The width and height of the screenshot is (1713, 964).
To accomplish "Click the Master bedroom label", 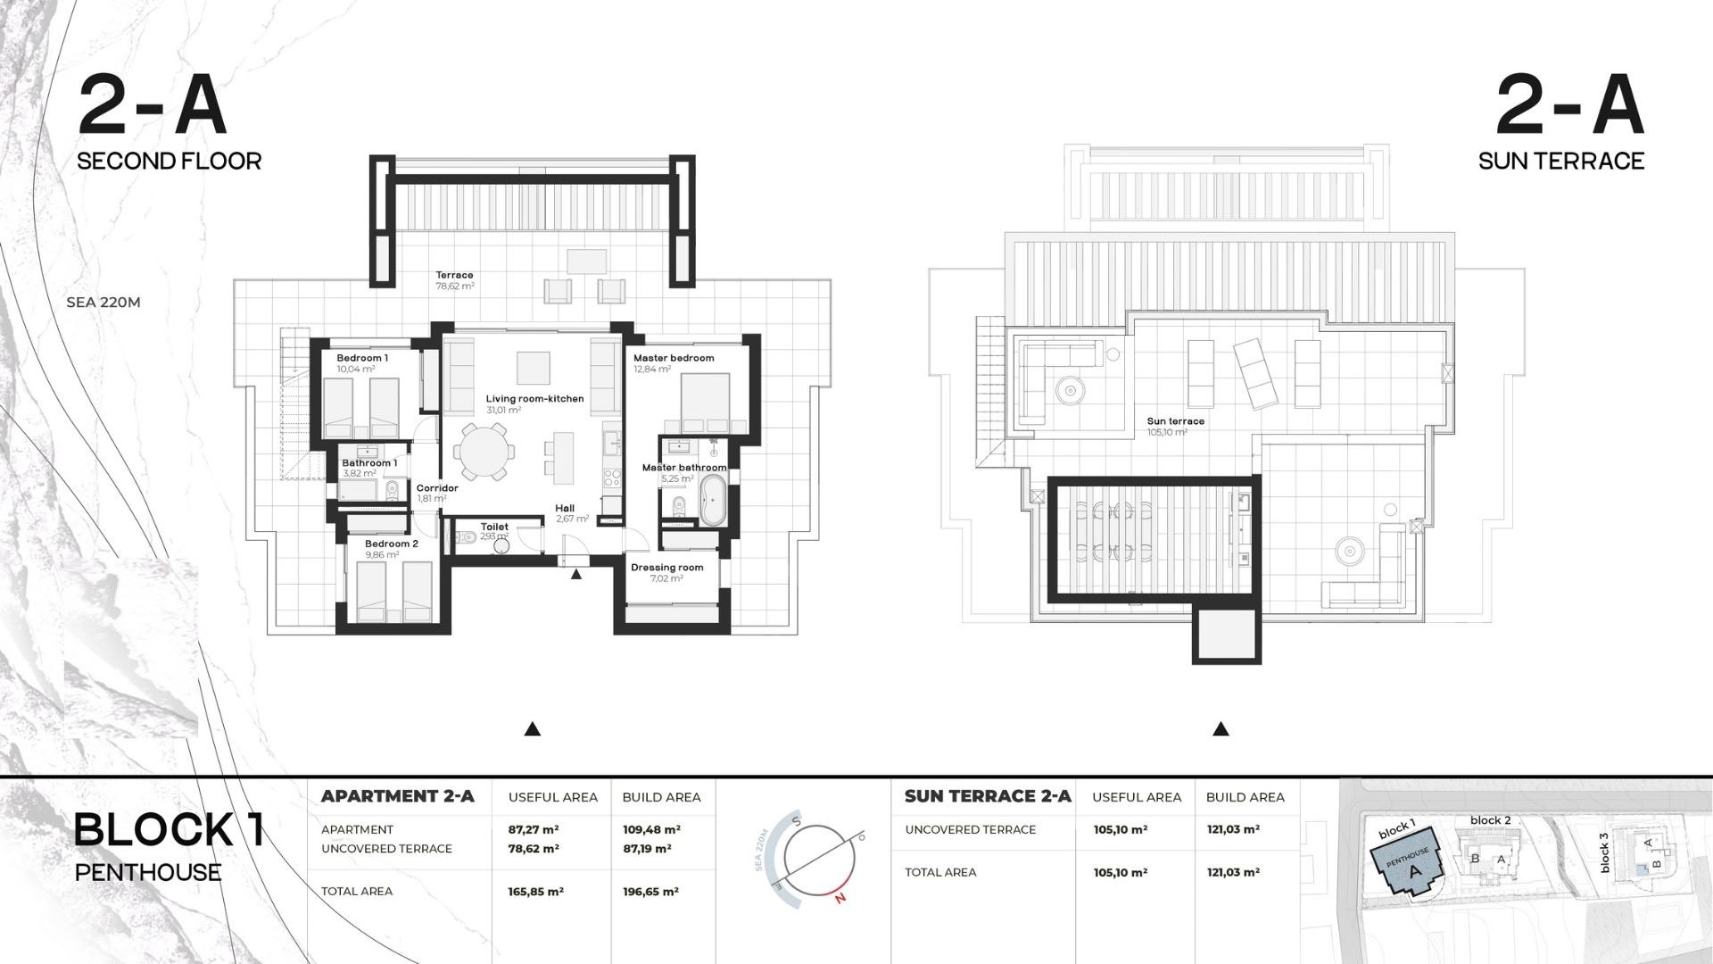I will [673, 358].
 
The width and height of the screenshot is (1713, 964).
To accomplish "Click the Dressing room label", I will [666, 568].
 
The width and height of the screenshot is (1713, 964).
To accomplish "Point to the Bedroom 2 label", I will [391, 544].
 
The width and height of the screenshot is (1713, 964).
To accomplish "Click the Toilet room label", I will [494, 527].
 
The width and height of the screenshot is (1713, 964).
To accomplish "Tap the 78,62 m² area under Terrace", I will [454, 287].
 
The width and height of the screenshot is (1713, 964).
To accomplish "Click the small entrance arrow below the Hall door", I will [576, 574].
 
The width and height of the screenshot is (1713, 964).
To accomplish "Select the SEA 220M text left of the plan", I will [103, 303].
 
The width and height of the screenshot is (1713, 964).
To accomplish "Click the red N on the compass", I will [840, 899].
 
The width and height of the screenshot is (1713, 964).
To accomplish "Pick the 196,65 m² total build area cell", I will [650, 892].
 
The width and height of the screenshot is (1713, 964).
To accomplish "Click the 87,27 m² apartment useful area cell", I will [534, 830].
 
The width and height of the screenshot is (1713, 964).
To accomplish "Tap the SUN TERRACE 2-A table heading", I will [988, 796].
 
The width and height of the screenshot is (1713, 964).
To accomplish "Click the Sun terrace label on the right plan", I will [1175, 421].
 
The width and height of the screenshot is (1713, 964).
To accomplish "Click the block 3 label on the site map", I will [1603, 852].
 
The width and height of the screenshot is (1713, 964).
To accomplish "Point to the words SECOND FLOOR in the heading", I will [170, 162].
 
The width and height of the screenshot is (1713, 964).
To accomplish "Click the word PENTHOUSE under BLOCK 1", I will [148, 872].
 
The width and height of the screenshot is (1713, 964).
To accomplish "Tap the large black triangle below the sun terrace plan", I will [1221, 729].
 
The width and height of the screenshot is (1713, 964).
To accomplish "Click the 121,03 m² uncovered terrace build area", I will [1233, 830].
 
